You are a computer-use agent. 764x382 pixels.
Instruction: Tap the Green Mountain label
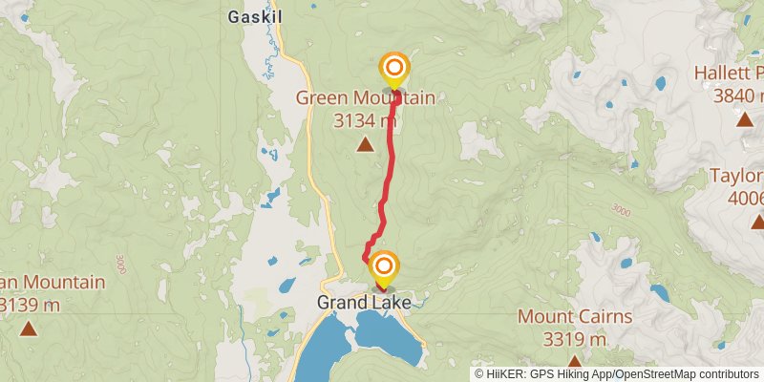pyautogui.click(x=365, y=97)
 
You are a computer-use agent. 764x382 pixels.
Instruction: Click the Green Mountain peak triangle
pyautogui.click(x=365, y=144)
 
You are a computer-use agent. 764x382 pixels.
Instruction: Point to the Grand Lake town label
pyautogui.click(x=364, y=303)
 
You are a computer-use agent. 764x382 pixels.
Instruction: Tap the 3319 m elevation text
pyautogui.click(x=575, y=339)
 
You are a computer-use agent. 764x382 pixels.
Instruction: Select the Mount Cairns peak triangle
pyautogui.click(x=575, y=362)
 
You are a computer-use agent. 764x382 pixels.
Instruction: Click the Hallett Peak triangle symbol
pyautogui.click(x=744, y=118)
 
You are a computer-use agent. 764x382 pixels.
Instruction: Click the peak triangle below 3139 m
pyautogui.click(x=29, y=329)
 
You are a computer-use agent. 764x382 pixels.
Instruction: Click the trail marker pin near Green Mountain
pyautogui.click(x=393, y=70)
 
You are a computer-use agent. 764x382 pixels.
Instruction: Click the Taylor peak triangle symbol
pyautogui.click(x=757, y=222)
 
